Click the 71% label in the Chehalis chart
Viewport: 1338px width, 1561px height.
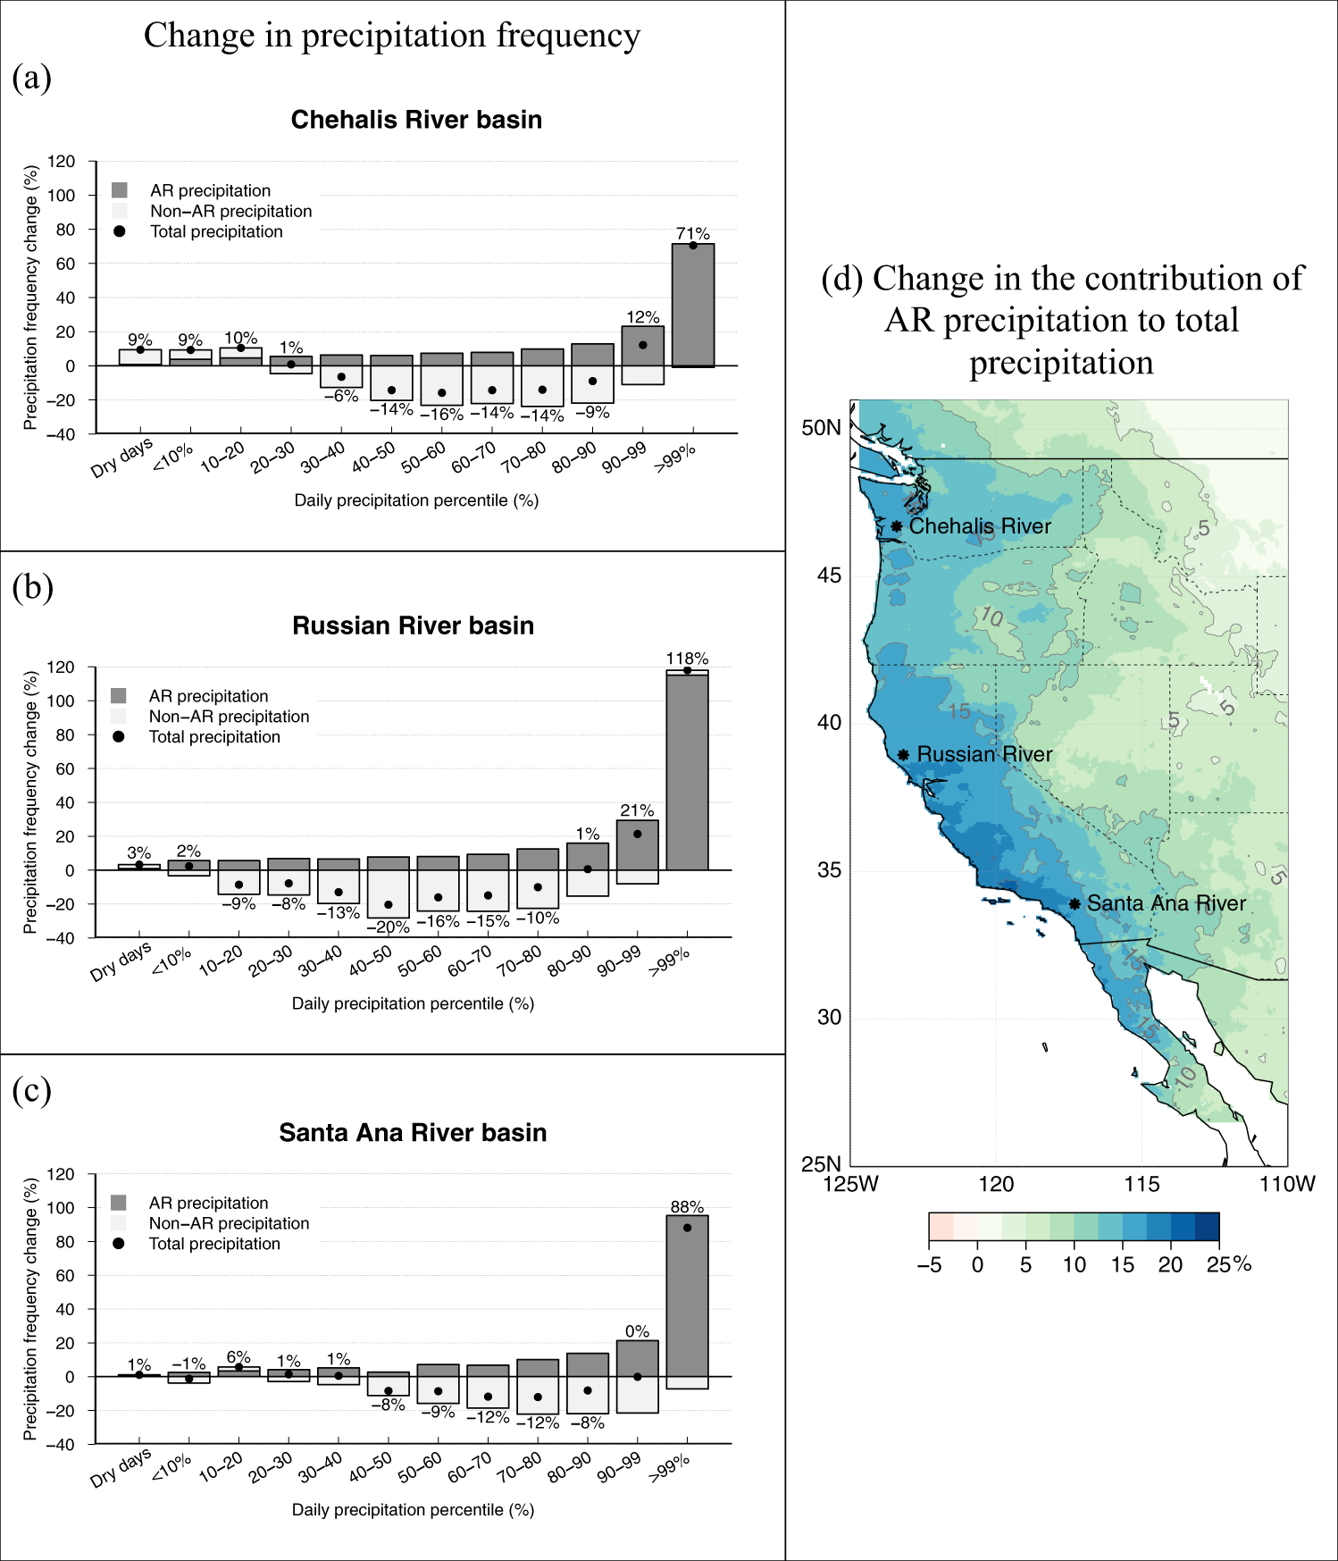point(692,233)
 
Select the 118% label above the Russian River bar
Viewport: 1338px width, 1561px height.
point(687,659)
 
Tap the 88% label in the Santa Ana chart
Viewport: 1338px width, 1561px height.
point(687,1207)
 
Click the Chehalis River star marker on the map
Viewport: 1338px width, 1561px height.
point(896,526)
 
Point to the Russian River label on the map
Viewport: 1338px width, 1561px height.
point(984,754)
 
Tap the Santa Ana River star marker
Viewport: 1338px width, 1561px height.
point(1075,904)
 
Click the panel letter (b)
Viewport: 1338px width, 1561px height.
point(32,587)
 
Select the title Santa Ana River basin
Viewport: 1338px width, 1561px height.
point(413,1133)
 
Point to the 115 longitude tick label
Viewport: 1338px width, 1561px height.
point(1141,1185)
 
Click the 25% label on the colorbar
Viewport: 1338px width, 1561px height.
point(1228,1264)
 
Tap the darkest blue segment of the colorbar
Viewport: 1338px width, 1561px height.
point(1207,1227)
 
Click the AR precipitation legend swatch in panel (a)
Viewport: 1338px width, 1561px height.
point(120,190)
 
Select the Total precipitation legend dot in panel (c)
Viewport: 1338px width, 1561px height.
point(119,1244)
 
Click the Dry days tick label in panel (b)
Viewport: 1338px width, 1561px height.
point(121,962)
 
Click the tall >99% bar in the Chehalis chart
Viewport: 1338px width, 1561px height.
point(692,304)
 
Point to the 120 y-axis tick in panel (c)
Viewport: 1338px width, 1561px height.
point(61,1174)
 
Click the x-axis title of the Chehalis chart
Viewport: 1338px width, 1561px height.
point(416,500)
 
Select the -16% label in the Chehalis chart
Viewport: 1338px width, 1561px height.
point(441,415)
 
